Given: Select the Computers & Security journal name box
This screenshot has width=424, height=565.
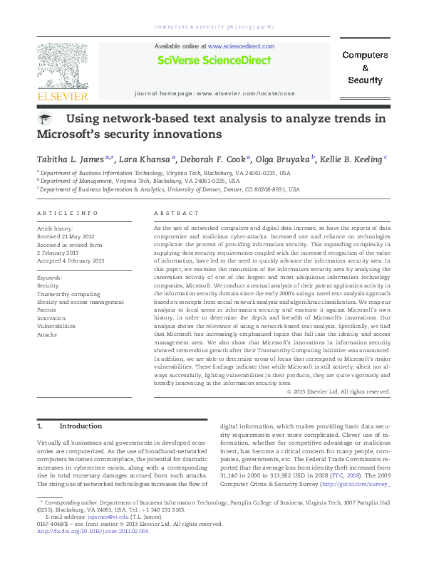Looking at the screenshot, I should pos(365,68).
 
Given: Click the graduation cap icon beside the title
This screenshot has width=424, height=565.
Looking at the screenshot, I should pos(45,120).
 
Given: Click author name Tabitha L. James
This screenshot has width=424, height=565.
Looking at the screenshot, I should pos(70,159).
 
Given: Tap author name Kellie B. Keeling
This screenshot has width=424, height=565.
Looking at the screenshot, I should pos(353,159).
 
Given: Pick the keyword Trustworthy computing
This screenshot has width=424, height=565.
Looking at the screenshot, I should pos(68,293).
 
